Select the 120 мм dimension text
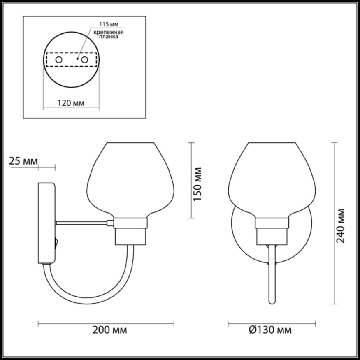[x=71, y=103]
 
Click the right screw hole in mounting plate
[x=85, y=60]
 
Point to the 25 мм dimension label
[x=23, y=161]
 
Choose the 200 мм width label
[x=109, y=330]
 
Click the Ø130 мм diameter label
[x=270, y=330]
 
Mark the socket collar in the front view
[x=272, y=223]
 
